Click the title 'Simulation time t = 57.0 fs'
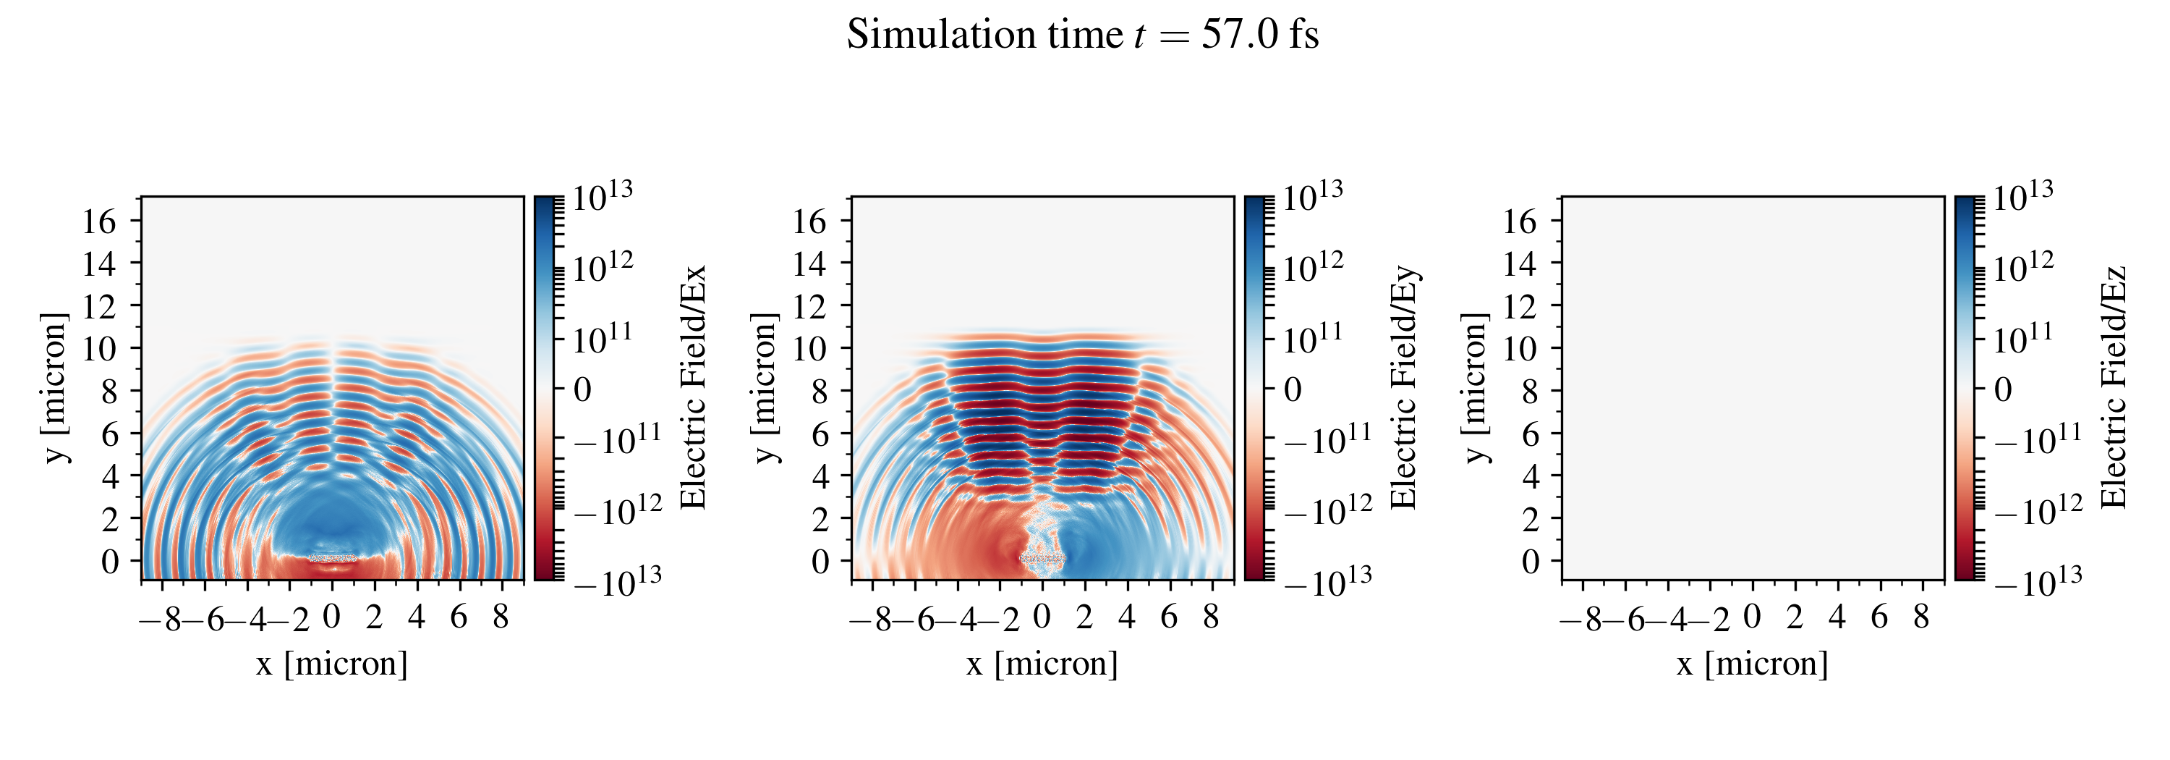coord(1083,35)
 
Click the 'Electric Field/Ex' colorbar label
coord(692,387)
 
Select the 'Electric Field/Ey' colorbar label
coord(1403,387)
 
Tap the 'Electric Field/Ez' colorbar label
coord(2114,387)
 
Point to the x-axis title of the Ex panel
coord(332,664)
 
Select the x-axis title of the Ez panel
coord(1752,664)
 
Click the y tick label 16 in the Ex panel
coord(99,221)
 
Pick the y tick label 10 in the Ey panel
coord(809,348)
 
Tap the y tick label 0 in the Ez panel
coord(1530,562)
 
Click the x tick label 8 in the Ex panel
coord(501,617)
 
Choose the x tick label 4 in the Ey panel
coord(1126,617)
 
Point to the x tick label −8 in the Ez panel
coord(1581,620)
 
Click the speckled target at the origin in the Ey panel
coord(1042,558)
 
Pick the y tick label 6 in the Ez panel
coord(1530,434)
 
